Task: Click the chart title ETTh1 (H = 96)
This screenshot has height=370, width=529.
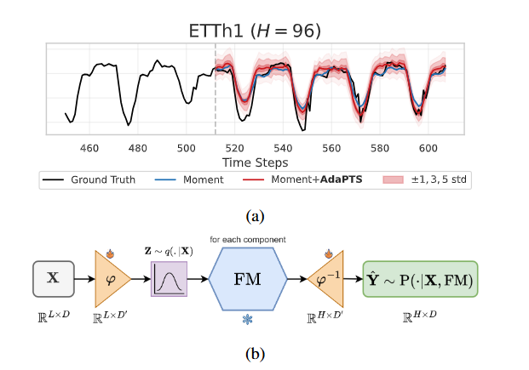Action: [255, 31]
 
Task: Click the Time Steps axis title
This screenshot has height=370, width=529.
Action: [255, 162]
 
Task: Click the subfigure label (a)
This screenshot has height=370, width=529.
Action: [255, 216]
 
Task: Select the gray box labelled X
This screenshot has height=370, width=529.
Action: [54, 277]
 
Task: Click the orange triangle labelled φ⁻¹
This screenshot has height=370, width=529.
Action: [326, 278]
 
